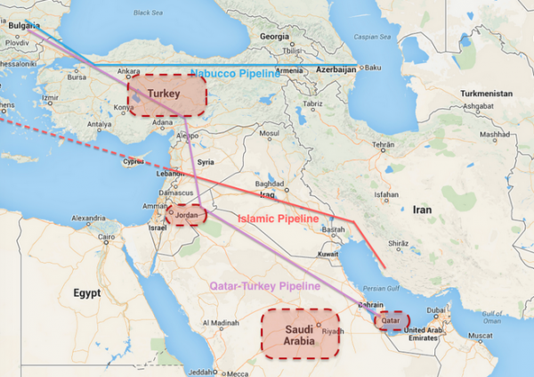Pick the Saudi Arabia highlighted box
300,334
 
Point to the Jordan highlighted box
185,215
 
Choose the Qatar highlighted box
391,319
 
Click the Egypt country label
87,292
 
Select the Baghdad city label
270,184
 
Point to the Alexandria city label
88,217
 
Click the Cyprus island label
133,162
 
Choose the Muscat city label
479,335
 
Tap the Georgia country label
274,37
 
